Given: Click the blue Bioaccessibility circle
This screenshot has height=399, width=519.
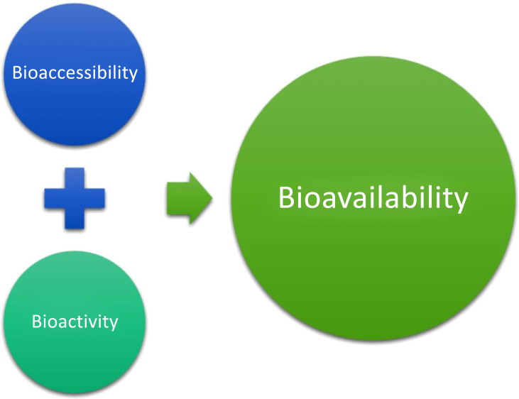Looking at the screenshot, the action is (x=75, y=74).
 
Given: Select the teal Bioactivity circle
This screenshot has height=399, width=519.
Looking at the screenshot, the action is (x=75, y=322).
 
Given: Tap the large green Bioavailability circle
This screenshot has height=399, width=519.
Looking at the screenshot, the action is (x=373, y=198).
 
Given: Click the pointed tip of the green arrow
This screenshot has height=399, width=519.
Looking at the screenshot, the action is (x=212, y=198).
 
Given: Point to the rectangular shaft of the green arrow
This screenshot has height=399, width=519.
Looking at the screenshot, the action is (x=178, y=198).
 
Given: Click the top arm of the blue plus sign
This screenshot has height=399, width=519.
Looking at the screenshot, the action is (x=75, y=178).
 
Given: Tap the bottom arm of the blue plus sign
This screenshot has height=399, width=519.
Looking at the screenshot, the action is (x=75, y=219).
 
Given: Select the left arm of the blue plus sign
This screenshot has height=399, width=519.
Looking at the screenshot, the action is (x=55, y=198).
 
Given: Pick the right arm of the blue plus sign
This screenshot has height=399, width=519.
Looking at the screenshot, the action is (x=94, y=198).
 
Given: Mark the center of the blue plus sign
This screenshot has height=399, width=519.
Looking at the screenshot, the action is (x=75, y=198).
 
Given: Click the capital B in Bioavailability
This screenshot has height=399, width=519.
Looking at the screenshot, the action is (x=286, y=197).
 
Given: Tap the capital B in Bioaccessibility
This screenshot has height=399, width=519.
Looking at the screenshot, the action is (x=17, y=72).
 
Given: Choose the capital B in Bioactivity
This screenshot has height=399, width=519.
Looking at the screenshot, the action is (x=37, y=321).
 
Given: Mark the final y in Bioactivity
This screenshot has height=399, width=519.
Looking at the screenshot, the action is (x=113, y=324).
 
